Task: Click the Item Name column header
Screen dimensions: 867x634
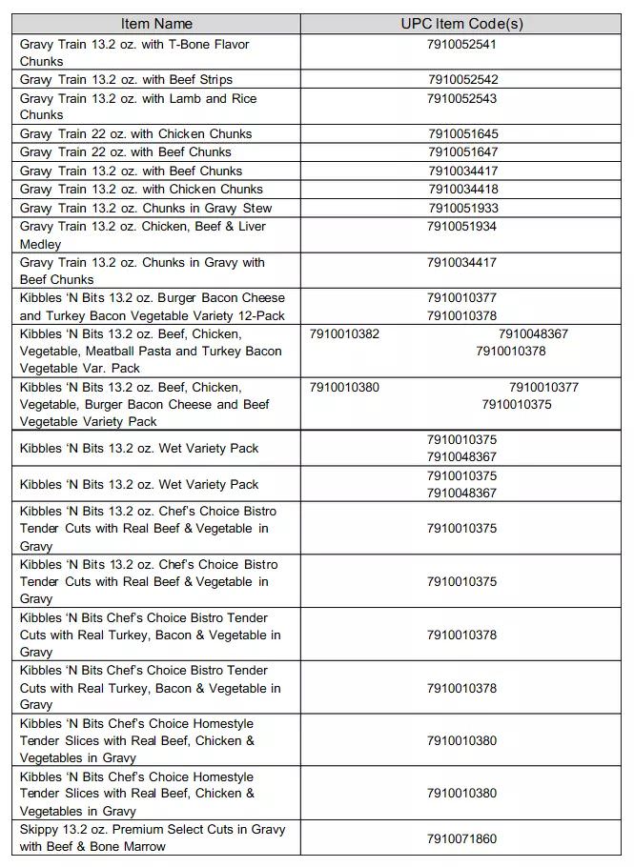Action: [157, 24]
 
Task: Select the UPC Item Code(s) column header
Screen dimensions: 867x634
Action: [461, 24]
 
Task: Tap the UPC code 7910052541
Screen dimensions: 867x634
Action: [461, 44]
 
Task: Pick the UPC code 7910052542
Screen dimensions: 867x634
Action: [462, 80]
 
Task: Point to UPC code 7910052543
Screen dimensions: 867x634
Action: [461, 98]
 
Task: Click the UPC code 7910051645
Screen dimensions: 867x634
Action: [462, 134]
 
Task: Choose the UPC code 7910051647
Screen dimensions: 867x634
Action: [462, 152]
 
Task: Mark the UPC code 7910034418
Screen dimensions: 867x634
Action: [462, 190]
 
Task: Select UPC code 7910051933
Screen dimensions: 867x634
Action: [462, 208]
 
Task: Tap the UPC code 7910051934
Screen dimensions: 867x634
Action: [461, 227]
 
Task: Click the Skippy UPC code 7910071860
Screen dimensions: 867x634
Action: [461, 838]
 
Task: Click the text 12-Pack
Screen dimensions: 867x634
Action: [260, 316]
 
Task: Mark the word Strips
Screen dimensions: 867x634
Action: [214, 80]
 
